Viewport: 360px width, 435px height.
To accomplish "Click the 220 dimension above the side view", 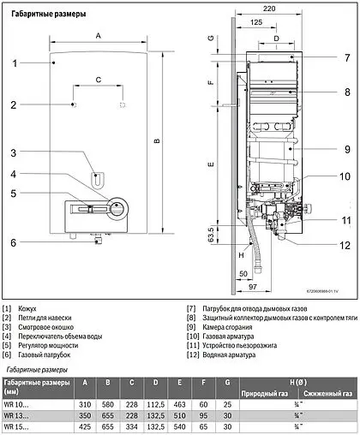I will pos(271,8).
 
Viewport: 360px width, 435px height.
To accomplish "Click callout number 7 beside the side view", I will pos(346,58).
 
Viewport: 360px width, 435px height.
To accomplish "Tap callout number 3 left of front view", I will pos(14,152).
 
